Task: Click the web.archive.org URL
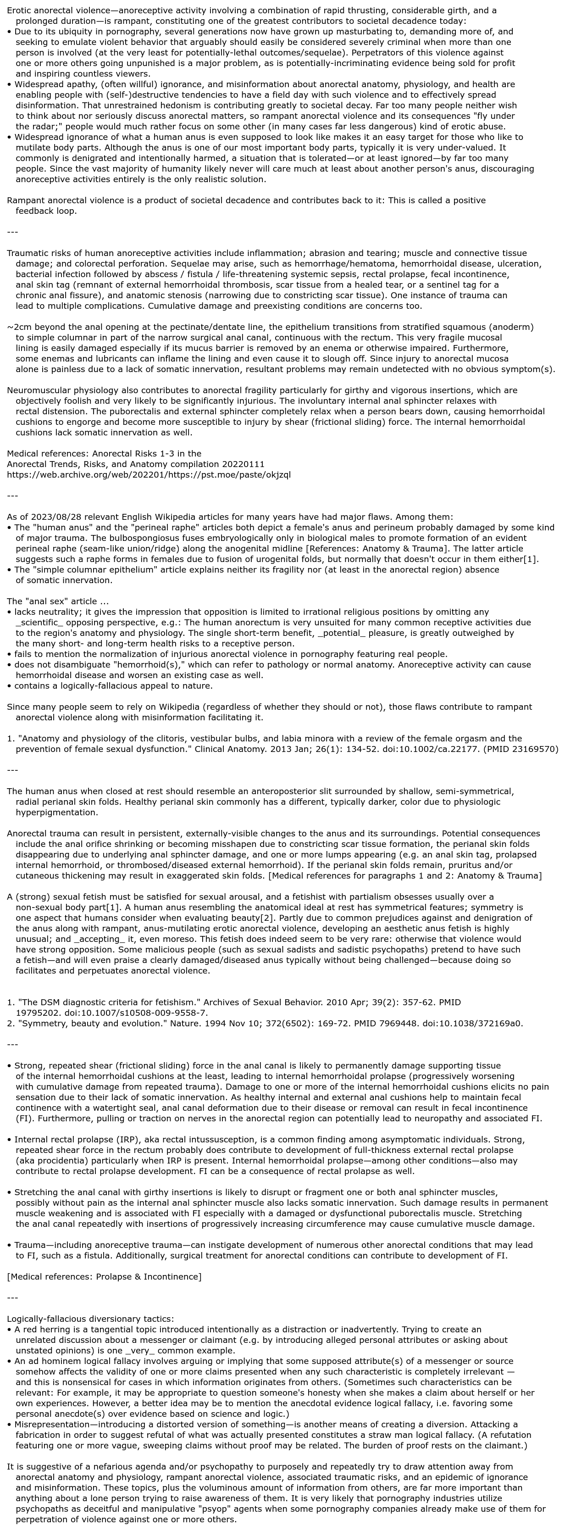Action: coord(149,474)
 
